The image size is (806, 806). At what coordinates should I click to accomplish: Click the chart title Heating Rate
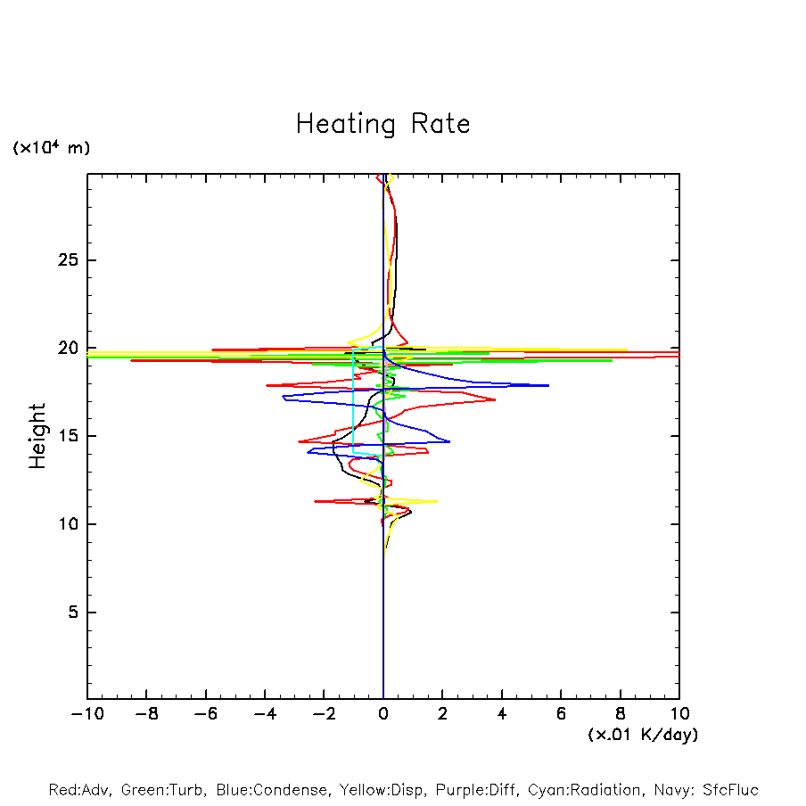click(382, 124)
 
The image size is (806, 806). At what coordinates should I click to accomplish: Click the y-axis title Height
click(37, 436)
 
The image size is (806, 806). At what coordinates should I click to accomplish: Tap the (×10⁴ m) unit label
click(51, 148)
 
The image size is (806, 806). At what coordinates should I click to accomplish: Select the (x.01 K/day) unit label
click(643, 735)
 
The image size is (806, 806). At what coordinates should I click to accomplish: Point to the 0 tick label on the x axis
click(383, 714)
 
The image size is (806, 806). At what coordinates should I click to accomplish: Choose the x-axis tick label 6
click(562, 714)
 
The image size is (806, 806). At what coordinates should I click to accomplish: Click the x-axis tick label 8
click(621, 714)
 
